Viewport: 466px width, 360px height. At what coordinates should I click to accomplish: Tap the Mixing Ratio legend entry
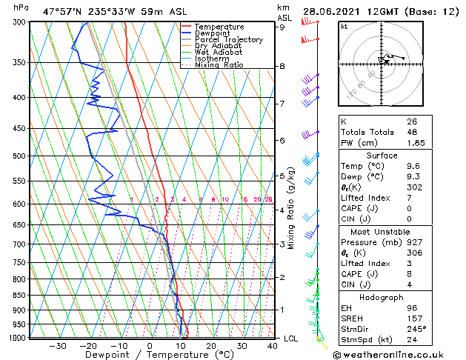click(219, 65)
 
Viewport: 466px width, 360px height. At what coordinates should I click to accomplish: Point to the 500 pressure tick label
click(19, 156)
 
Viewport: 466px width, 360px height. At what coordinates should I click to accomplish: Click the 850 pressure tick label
click(19, 296)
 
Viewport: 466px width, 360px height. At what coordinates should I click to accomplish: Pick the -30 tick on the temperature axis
click(57, 346)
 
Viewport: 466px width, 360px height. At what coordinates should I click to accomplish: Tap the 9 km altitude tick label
click(282, 27)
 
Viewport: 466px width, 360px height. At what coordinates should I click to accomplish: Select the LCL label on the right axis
click(291, 339)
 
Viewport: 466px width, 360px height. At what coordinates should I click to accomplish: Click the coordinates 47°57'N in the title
click(62, 11)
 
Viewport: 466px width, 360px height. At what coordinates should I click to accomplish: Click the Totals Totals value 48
click(411, 132)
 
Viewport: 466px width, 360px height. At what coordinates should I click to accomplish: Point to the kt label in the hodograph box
click(344, 26)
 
